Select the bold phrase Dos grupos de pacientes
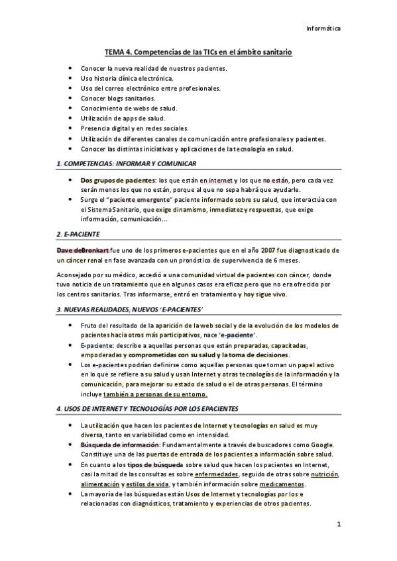(x=117, y=180)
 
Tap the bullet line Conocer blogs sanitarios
(x=118, y=98)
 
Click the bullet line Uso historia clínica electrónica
(x=127, y=78)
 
